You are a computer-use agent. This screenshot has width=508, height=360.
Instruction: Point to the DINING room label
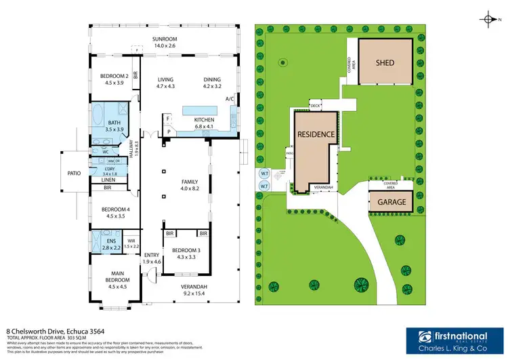point(212,79)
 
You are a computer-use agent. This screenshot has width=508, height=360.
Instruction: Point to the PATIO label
point(74,174)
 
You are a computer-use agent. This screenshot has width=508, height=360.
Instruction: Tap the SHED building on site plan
point(385,62)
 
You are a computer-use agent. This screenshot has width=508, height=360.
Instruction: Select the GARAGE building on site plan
point(391,202)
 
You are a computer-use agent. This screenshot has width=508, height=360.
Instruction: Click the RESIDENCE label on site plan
point(316,134)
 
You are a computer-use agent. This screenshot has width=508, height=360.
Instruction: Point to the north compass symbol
point(490,18)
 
